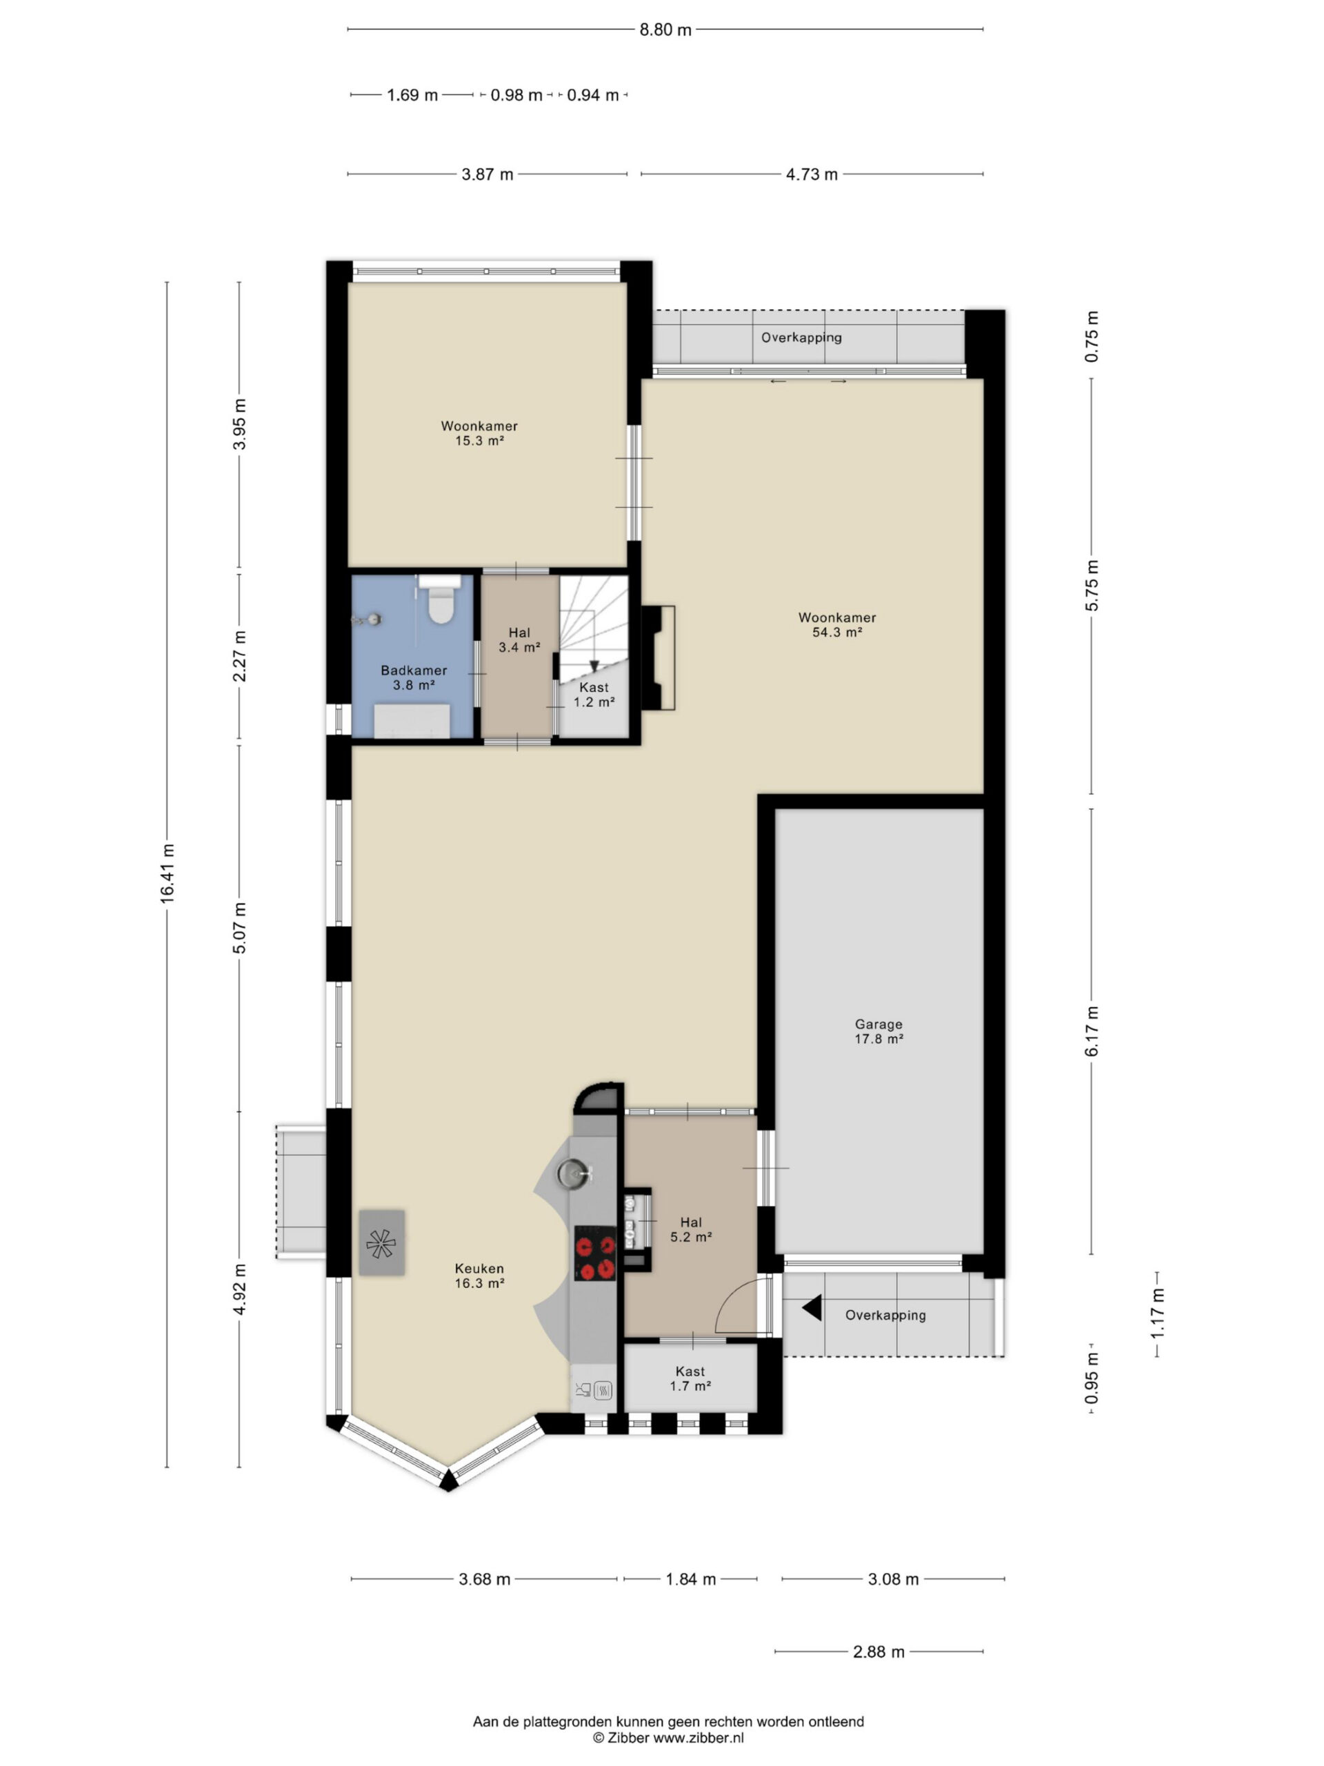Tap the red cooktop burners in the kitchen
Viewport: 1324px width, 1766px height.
click(x=595, y=1258)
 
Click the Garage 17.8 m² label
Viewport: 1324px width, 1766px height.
click(x=879, y=1031)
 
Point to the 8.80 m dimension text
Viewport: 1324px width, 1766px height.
click(x=665, y=30)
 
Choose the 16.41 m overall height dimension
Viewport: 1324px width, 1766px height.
click(x=167, y=873)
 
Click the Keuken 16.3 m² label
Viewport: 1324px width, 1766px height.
click(x=480, y=1275)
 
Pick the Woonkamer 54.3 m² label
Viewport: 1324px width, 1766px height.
click(x=837, y=624)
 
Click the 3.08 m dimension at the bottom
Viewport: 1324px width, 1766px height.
click(x=893, y=1578)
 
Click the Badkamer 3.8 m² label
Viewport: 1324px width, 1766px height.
click(x=413, y=677)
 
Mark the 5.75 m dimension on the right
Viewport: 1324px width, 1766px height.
click(x=1092, y=585)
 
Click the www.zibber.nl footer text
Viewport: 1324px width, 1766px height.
click(x=699, y=1737)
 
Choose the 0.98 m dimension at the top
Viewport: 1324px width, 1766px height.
click(x=516, y=96)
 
